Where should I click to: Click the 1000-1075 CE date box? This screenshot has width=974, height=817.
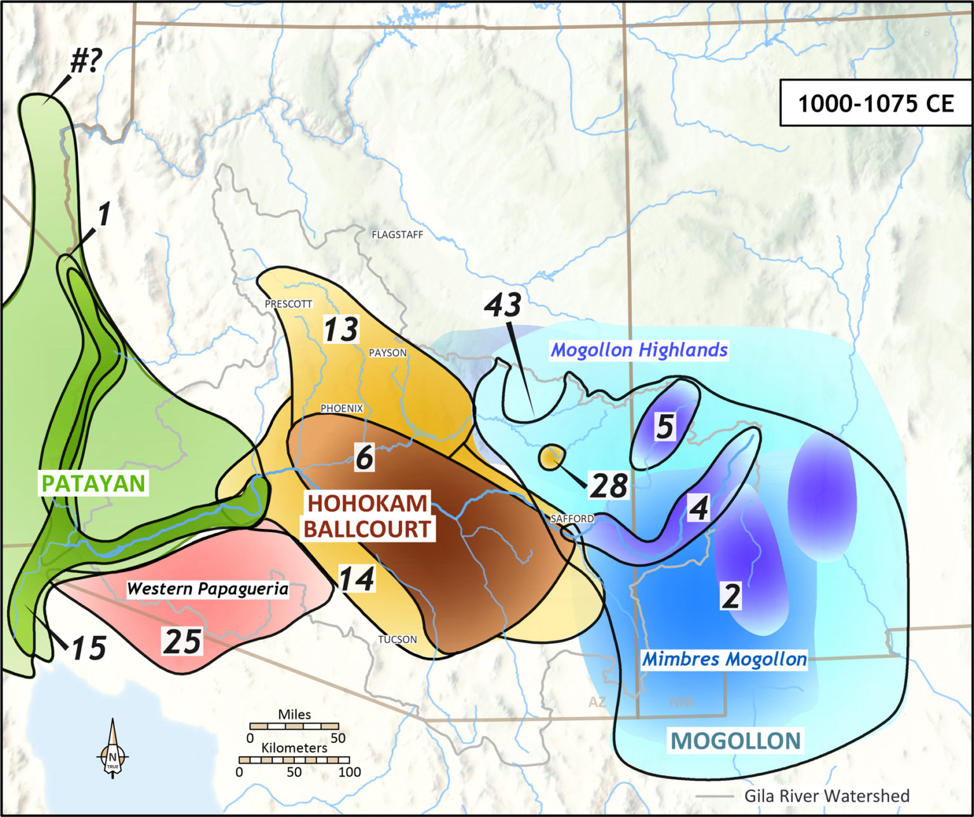[875, 103]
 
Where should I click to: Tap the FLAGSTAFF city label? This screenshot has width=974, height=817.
[397, 235]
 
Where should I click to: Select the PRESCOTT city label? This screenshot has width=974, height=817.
[289, 304]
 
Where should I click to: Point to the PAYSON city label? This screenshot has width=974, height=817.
[387, 353]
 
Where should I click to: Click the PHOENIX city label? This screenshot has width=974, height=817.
[342, 408]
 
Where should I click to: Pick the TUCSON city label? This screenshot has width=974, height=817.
[398, 639]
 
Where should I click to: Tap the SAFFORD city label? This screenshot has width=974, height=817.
[572, 518]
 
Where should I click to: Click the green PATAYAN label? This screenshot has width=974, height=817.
[94, 483]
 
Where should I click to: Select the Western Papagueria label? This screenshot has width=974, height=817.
[208, 589]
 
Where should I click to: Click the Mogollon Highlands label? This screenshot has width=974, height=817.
[639, 350]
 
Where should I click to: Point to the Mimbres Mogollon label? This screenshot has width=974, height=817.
[725, 659]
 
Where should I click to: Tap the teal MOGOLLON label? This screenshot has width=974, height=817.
[736, 740]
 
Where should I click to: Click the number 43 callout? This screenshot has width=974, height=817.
[503, 304]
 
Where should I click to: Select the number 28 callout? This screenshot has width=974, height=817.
[609, 486]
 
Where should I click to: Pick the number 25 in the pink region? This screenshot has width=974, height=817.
[183, 641]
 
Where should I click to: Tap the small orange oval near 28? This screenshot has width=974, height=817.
[552, 457]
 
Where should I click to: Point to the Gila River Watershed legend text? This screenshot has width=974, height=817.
[827, 795]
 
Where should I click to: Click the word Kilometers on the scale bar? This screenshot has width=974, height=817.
[294, 748]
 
